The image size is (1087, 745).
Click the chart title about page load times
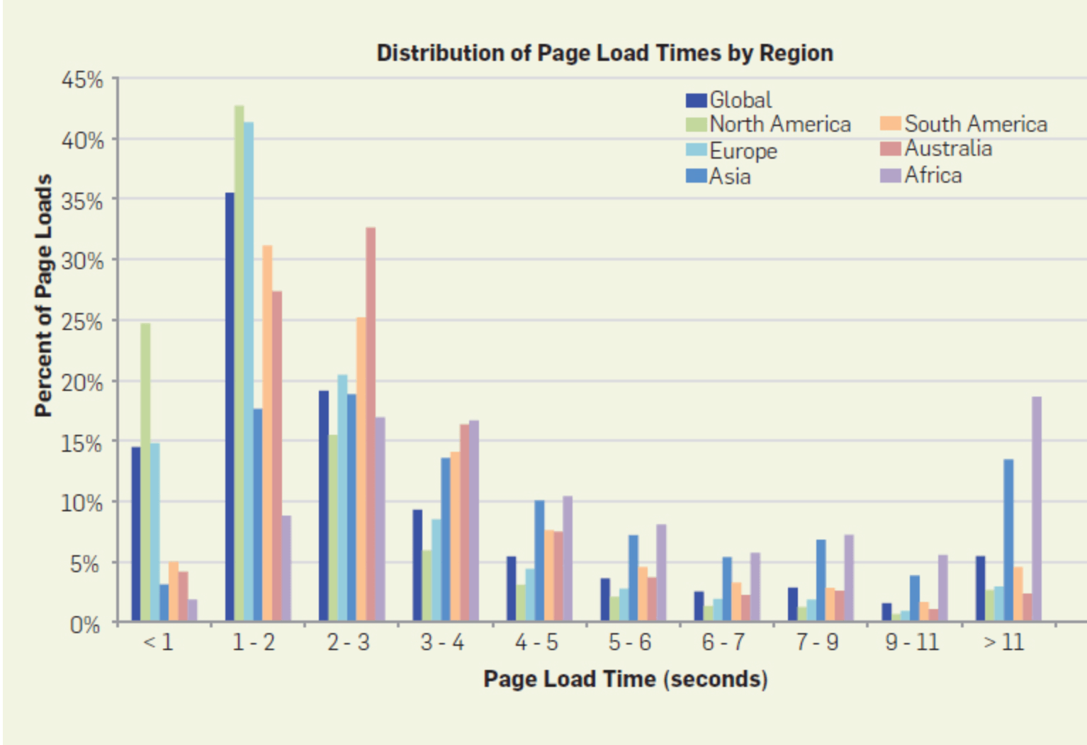[x=604, y=53]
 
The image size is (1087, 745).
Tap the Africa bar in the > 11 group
[x=1036, y=510]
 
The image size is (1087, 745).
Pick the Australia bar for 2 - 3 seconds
[x=371, y=425]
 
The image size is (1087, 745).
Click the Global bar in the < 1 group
[x=136, y=535]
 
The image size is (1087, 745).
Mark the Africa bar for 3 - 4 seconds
[x=474, y=521]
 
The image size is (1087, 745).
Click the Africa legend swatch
[x=890, y=175]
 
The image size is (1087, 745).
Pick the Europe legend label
[x=743, y=151]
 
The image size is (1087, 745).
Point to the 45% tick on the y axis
[x=82, y=80]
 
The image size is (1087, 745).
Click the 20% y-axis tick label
[x=82, y=382]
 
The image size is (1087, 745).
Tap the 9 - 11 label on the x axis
[x=912, y=642]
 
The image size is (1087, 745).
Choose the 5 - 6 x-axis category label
[x=630, y=642]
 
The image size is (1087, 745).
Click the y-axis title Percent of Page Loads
[x=44, y=295]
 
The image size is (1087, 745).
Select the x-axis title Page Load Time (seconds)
[x=626, y=679]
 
